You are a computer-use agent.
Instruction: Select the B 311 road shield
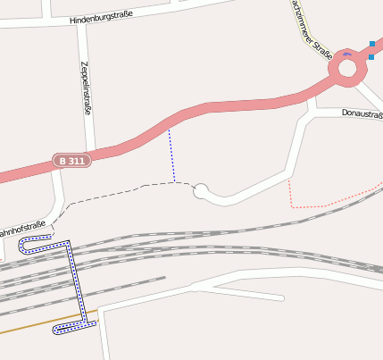(x=72, y=161)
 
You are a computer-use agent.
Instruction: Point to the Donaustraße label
(x=362, y=113)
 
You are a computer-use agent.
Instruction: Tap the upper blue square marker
(x=372, y=44)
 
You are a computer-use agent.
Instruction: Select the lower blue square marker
(x=371, y=57)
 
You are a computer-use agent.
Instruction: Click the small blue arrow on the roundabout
(x=346, y=54)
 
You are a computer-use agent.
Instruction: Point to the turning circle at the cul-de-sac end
(x=201, y=190)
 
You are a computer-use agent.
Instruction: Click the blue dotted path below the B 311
(x=171, y=155)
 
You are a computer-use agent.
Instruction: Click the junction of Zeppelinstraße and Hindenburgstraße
(x=81, y=21)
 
